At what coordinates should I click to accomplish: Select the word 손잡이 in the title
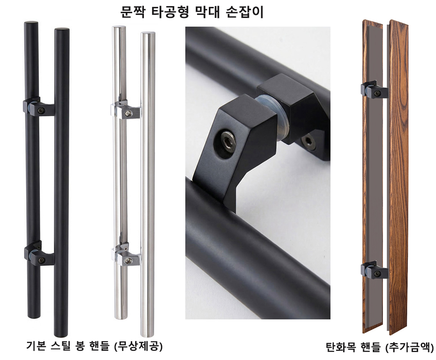(x=245, y=12)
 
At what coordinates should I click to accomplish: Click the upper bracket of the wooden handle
(x=375, y=90)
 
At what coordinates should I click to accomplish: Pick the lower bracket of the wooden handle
(x=375, y=270)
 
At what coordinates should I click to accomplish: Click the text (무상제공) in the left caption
(x=138, y=346)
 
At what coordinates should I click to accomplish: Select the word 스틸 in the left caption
(x=60, y=346)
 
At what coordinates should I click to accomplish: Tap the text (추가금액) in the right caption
(x=409, y=347)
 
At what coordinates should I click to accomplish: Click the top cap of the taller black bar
(x=62, y=30)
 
